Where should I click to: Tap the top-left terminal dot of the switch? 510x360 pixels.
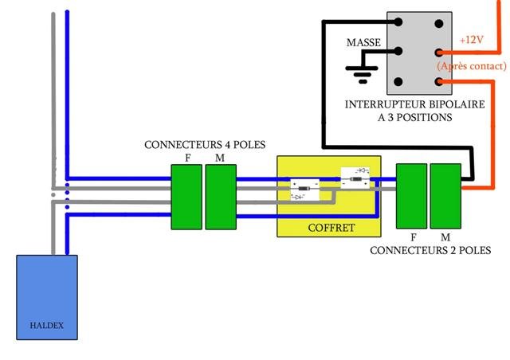[x=399, y=22]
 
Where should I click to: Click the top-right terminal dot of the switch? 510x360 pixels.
[x=438, y=22]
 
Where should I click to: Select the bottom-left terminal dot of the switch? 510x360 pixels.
[x=399, y=81]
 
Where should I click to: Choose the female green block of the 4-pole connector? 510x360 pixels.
[x=186, y=197]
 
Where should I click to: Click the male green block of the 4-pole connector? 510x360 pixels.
[x=221, y=197]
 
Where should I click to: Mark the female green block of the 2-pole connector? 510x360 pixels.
[x=412, y=194]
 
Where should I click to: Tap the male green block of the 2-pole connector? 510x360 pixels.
[x=445, y=194]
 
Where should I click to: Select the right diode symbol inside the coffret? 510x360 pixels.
[x=355, y=176]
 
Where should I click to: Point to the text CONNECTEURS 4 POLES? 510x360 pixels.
[x=204, y=145]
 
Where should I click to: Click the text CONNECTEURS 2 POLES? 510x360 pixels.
[x=430, y=250]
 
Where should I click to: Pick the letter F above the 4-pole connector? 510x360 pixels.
[x=187, y=158]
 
